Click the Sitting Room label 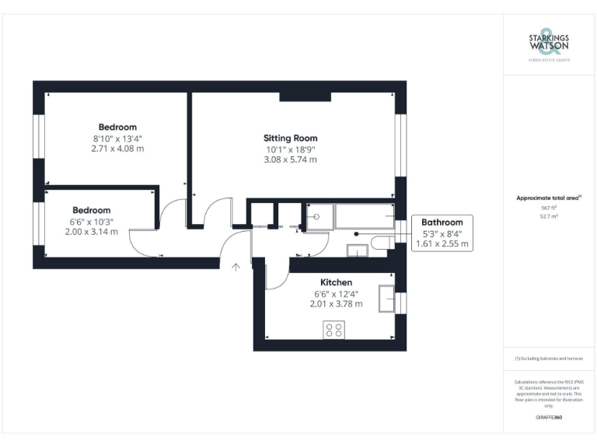(290, 138)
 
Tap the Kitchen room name (336, 282)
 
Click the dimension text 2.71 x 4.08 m (117, 148)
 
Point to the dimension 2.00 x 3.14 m (91, 231)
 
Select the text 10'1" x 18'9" (290, 149)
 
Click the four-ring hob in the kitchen (333, 330)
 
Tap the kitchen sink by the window (386, 298)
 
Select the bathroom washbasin (358, 249)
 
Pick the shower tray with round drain (317, 217)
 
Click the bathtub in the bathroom (364, 217)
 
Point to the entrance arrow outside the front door (236, 267)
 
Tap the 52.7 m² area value (550, 217)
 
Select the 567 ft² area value (550, 208)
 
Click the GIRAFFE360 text (549, 418)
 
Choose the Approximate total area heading (549, 198)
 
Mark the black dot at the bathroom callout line (355, 233)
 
